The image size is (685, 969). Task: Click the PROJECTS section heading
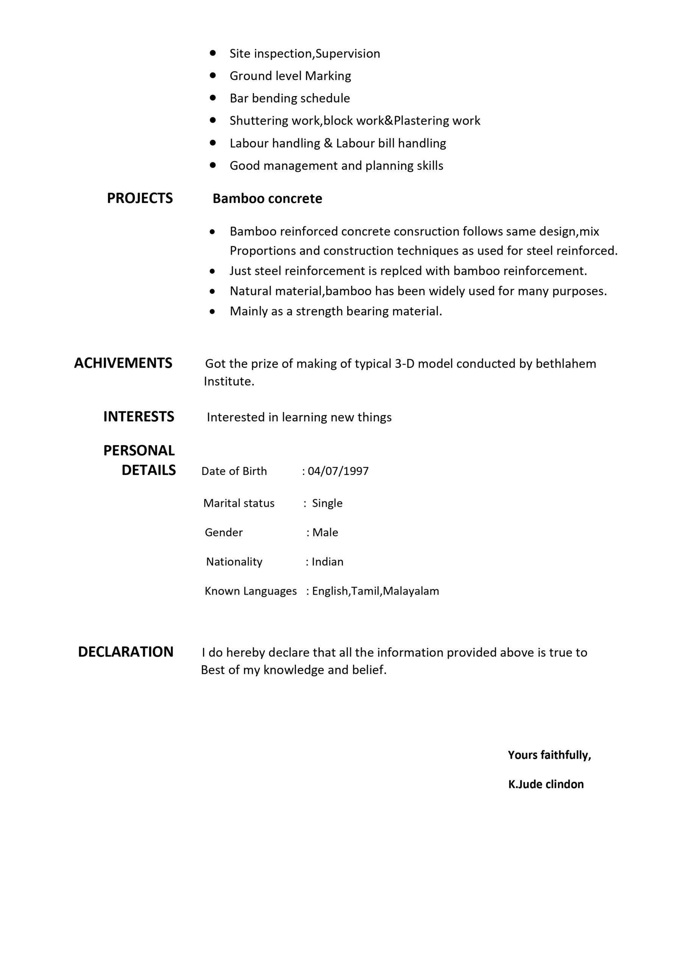[x=140, y=198]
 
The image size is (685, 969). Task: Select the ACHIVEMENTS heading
[x=123, y=363]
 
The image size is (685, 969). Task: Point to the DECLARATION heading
[x=126, y=652]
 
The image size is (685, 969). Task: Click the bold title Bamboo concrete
[x=267, y=198]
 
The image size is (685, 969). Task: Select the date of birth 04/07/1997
[x=338, y=471]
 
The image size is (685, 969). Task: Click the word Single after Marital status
[x=327, y=503]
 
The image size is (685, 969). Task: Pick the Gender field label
[x=224, y=532]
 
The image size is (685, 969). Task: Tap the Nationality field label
[x=234, y=562]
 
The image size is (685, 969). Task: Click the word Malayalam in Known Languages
[x=411, y=591]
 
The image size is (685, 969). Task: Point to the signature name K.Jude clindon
[x=546, y=784]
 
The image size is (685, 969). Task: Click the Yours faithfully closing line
[x=549, y=755]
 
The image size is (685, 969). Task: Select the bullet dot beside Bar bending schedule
[x=213, y=98]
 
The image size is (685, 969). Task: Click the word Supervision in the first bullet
[x=348, y=54]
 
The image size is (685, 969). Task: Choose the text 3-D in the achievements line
[x=405, y=364]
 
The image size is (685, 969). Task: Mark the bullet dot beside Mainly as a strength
[x=212, y=312]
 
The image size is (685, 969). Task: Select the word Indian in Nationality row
[x=327, y=562]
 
